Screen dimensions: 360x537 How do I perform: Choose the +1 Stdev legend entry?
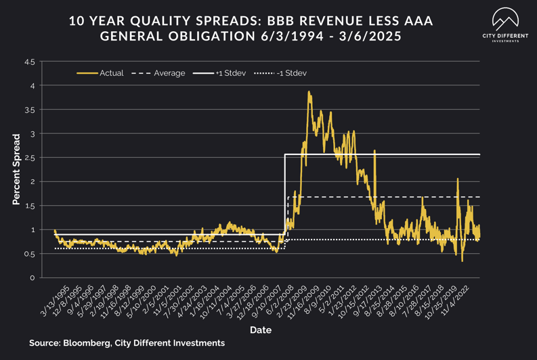(227, 73)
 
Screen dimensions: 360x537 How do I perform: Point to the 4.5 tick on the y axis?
(29, 62)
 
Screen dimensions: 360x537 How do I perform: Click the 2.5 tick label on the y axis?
(29, 158)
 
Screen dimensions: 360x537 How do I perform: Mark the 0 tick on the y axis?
(32, 278)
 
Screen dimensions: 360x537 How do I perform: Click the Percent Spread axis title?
(16, 168)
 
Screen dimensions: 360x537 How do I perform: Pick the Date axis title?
(261, 330)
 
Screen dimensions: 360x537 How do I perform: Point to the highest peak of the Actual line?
(309, 92)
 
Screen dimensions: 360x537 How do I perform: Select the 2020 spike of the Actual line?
(458, 179)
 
